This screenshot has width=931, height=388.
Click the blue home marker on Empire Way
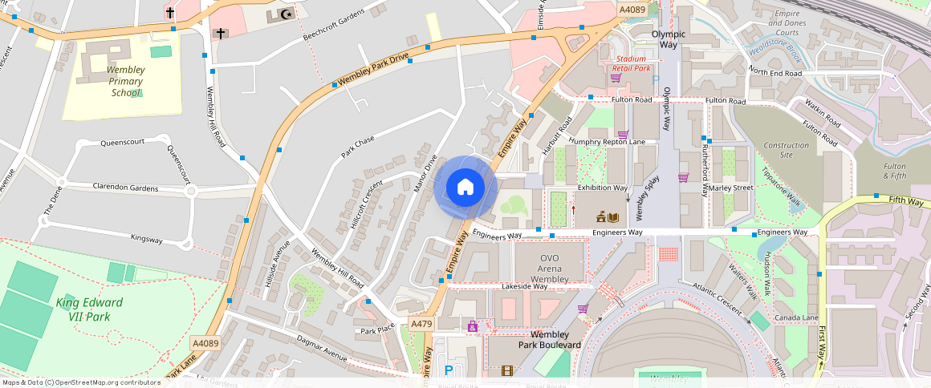tap(465, 188)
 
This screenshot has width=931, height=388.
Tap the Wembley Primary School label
tap(126, 81)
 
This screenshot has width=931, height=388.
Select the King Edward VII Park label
tap(89, 309)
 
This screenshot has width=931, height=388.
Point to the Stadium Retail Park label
tap(632, 63)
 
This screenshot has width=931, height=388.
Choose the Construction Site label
tap(786, 150)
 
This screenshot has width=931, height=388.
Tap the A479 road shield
tap(421, 324)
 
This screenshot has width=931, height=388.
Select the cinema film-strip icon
tap(506, 370)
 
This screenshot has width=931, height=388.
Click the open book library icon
tap(613, 217)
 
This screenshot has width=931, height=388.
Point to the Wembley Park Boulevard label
tap(549, 339)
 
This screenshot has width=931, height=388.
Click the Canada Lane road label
tap(796, 318)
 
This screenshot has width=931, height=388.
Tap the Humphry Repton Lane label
tap(607, 142)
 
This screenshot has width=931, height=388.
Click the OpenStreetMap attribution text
tap(80, 382)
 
